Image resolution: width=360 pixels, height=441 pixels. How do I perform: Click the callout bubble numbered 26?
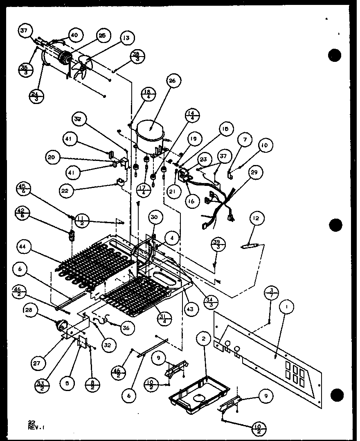pos(172,81)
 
